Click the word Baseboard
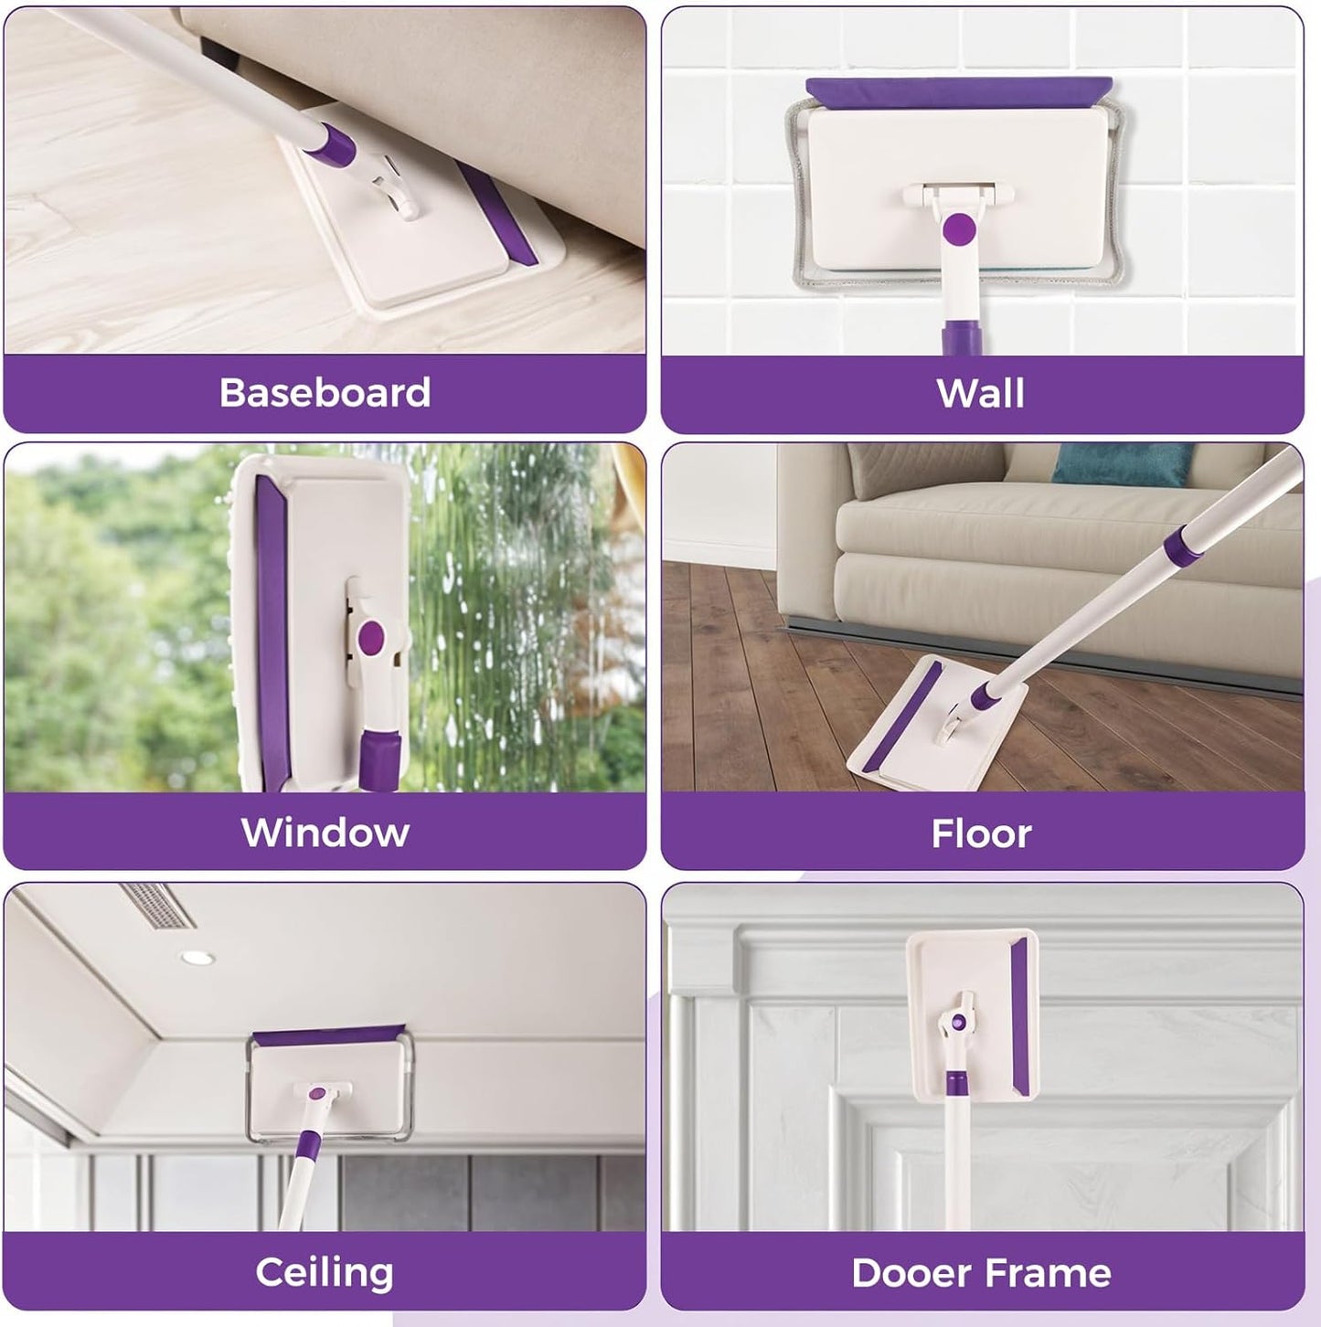(325, 393)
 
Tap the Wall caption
(980, 393)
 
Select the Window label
(325, 833)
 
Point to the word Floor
(981, 833)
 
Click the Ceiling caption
(325, 1272)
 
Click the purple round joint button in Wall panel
(959, 228)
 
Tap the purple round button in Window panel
(371, 637)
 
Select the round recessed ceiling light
(197, 958)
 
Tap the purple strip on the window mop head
(272, 621)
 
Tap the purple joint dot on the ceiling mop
(317, 1093)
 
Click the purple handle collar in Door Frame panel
(956, 1084)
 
